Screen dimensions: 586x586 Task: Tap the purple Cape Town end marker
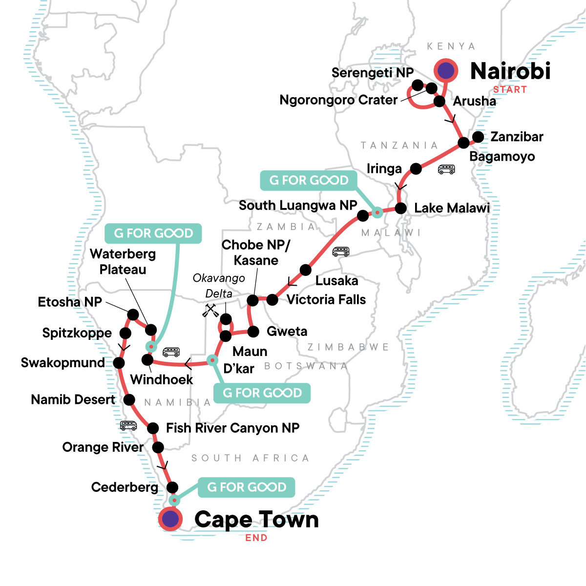pos(170,519)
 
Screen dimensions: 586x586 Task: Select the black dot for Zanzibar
pos(478,137)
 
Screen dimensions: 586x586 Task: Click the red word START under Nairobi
pos(510,89)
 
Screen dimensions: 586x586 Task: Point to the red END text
pos(256,538)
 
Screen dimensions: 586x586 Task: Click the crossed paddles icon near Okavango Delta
pos(210,311)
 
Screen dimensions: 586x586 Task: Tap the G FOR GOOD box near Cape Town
pos(247,487)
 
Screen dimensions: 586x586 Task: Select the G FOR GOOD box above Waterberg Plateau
pos(153,233)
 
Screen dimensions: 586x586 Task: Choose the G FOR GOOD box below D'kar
pos(262,393)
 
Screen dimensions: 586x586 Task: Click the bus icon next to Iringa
pos(446,169)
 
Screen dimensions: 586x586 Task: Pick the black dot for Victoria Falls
pos(272,300)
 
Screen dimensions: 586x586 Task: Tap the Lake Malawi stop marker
pos(400,208)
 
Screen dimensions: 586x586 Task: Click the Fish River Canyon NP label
pos(232,428)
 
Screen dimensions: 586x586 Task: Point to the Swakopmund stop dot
pos(119,363)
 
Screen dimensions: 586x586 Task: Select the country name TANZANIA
pos(399,146)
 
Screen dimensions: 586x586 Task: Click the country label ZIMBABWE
pos(348,347)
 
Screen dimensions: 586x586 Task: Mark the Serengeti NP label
pos(372,73)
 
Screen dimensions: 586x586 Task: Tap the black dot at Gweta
pos(253,332)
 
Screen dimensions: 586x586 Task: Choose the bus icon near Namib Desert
pos(128,426)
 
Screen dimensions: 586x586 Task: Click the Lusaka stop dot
pos(305,270)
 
